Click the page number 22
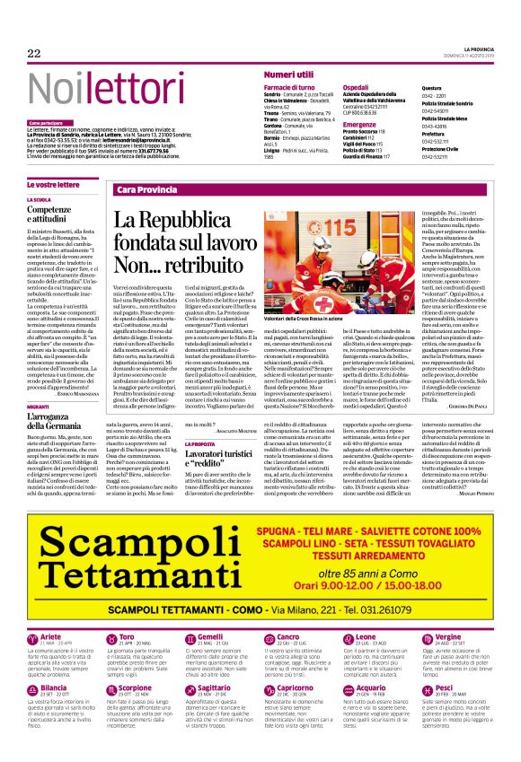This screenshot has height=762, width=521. click(34, 53)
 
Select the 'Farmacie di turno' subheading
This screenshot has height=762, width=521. click(288, 87)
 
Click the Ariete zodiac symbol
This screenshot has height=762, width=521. click(32, 639)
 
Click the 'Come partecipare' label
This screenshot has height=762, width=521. click(46, 122)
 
